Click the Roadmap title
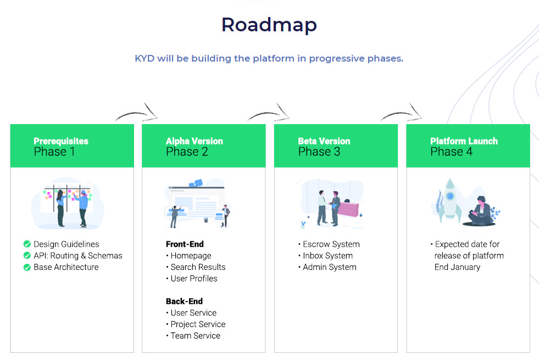click(269, 25)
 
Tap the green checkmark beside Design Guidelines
click(27, 244)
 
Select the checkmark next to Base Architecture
click(27, 267)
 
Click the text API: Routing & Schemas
click(77, 256)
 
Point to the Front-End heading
click(185, 244)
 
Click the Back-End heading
click(184, 301)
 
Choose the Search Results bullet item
click(198, 267)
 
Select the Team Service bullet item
click(195, 336)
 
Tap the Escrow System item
click(331, 244)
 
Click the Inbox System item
click(327, 256)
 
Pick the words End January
click(457, 267)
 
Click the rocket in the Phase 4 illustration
click(449, 200)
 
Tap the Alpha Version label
click(194, 141)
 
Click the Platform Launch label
click(464, 141)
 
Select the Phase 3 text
click(319, 152)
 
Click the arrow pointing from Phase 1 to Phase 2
click(137, 113)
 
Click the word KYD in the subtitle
click(145, 58)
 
